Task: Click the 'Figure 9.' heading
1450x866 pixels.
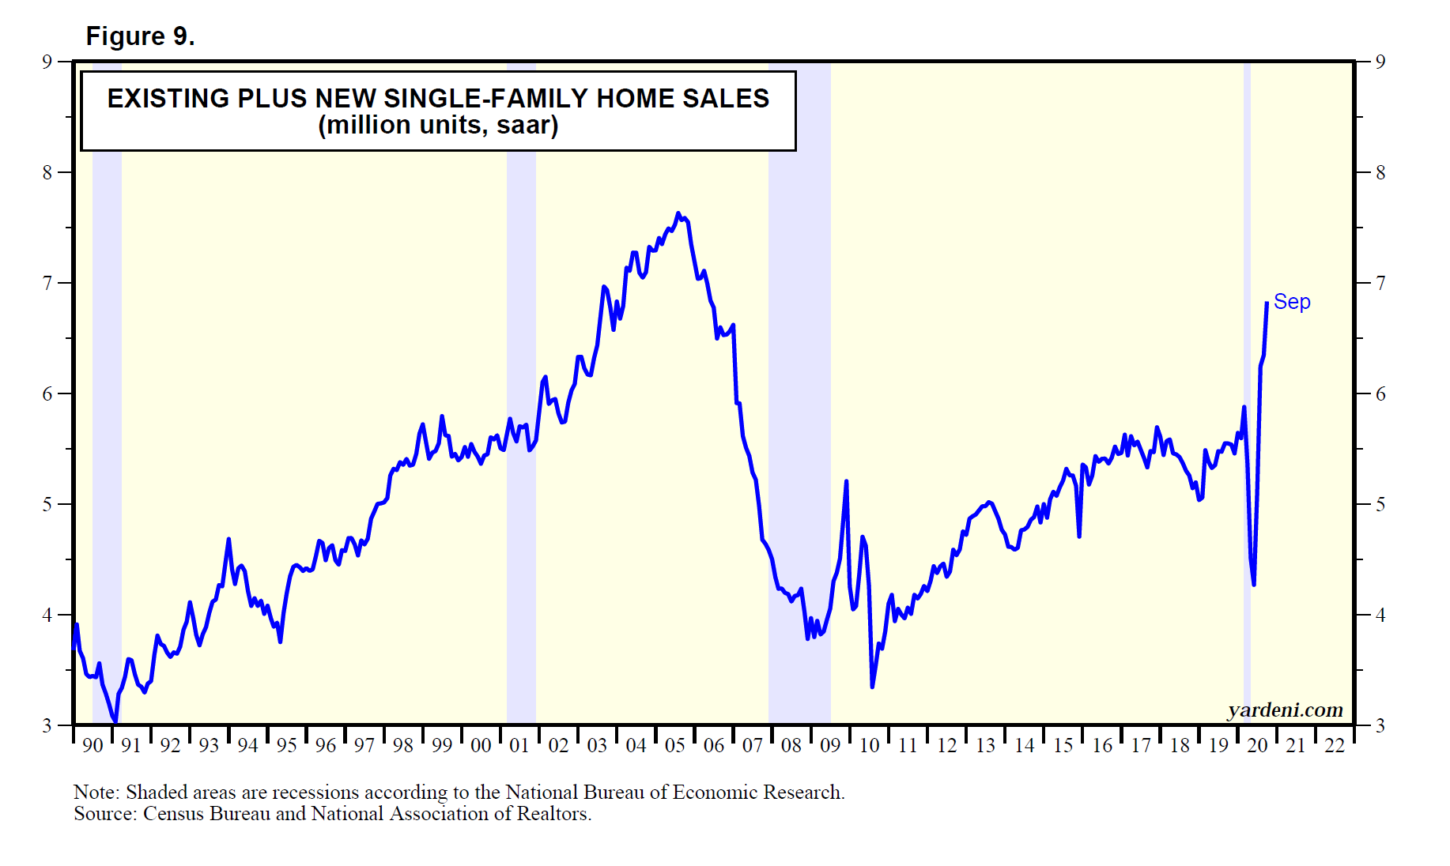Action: [140, 36]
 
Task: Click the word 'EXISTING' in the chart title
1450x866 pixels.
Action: [168, 99]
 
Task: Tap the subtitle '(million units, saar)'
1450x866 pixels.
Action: [438, 126]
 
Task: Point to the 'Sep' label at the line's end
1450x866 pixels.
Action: [1292, 302]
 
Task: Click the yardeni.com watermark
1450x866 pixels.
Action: [1285, 710]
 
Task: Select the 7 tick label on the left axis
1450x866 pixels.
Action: [47, 283]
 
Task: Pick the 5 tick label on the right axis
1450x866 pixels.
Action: [1380, 504]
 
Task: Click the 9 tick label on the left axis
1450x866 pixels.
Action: [47, 62]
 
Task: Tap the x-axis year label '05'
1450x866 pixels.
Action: [674, 745]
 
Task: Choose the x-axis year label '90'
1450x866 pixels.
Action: [93, 745]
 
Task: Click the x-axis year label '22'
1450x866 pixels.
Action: [1335, 745]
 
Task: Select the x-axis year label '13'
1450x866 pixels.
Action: [985, 745]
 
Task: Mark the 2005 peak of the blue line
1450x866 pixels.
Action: [678, 213]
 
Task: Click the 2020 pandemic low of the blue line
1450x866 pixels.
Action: [1254, 585]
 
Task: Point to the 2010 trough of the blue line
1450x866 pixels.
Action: [872, 687]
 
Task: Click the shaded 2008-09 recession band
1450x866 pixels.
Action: [799, 395]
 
